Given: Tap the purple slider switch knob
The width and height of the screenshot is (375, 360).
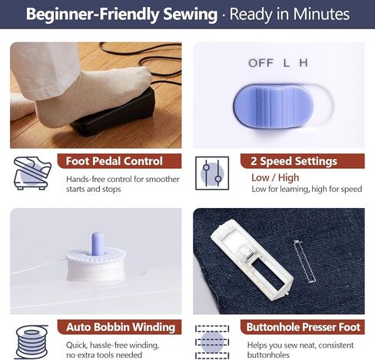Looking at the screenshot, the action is pos(274,106).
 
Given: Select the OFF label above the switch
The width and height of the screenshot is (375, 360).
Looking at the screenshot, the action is pos(261,63).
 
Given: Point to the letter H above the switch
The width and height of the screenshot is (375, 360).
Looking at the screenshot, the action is pos(304,63).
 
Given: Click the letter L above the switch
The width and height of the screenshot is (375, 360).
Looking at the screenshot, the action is pos(287,63).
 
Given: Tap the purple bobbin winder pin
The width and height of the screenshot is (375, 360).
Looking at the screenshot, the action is pos(98,244).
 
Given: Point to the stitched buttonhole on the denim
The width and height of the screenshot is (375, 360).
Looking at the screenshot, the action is pos(304,262).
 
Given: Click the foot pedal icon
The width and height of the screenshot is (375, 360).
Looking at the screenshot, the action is pos(32,173).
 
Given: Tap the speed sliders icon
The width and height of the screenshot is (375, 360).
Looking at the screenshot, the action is pos(212,173).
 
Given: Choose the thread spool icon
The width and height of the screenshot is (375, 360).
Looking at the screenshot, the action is pos(32,342).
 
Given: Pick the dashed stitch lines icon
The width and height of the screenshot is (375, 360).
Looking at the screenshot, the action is pos(212,342).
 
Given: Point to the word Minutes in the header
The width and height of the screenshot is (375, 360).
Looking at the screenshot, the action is pos(321,14).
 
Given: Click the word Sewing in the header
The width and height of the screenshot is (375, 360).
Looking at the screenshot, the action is pos(191,15).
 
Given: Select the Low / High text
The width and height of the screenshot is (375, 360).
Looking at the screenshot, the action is pos(275,177).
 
